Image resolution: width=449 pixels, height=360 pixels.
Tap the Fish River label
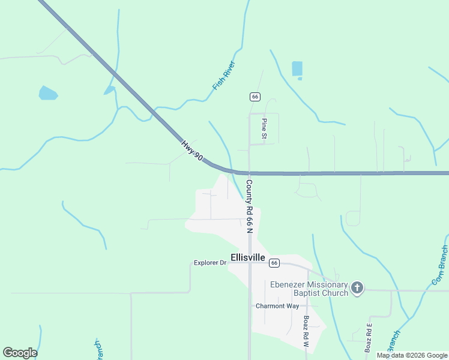point(224,76)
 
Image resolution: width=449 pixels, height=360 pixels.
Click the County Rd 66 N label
point(249,206)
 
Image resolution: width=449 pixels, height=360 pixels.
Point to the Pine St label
point(264,129)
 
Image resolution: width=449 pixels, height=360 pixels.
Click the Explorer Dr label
point(209,263)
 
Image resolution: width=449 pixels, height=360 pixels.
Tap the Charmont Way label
point(277,306)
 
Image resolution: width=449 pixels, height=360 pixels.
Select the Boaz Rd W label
point(306,332)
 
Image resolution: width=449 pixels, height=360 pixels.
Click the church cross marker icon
point(357,288)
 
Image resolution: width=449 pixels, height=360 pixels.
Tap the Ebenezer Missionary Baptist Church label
point(309,289)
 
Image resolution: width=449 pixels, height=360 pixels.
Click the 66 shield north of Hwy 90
point(255,97)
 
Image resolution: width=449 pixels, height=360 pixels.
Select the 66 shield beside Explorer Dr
point(274,263)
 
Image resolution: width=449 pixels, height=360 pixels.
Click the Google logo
point(20,353)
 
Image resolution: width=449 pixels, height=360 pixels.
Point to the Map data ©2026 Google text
point(412,355)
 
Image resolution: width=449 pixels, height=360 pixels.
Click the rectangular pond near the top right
point(297,69)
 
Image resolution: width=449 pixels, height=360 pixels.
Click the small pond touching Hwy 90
point(109,91)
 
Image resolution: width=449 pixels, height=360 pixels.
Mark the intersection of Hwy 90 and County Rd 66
point(249,173)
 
